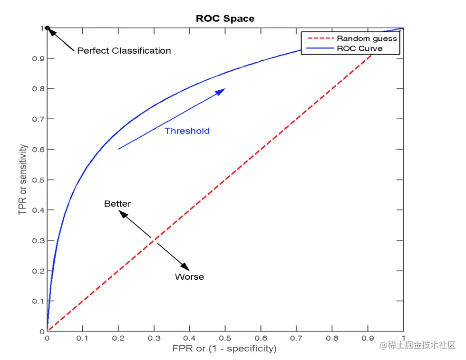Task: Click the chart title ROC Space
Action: click(225, 19)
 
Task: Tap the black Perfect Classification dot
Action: click(47, 28)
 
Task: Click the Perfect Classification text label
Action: click(124, 50)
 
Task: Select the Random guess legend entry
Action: click(367, 38)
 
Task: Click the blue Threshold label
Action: click(187, 131)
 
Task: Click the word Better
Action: click(117, 204)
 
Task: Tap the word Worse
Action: click(189, 277)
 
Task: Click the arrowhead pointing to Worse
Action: click(184, 267)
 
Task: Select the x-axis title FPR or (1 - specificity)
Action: click(224, 349)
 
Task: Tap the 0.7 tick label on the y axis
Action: click(37, 119)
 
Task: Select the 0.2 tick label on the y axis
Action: click(37, 271)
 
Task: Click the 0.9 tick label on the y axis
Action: click(37, 58)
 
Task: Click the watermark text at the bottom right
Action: click(417, 345)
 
